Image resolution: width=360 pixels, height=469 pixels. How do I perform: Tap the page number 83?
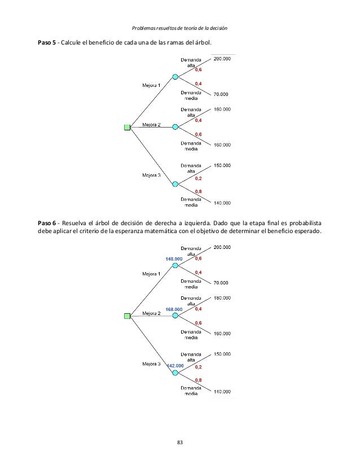point(180,441)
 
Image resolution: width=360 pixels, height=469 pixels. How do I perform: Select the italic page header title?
point(179,28)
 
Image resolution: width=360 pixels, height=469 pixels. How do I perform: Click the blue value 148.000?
point(173,258)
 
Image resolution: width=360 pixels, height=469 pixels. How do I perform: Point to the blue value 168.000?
point(173,309)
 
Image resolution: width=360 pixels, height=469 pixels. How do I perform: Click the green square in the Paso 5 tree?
point(127,128)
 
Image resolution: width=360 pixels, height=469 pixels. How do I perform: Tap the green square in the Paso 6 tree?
point(127,316)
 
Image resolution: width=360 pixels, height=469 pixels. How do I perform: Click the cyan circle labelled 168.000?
point(175,316)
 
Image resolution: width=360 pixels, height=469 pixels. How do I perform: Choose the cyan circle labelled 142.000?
point(175,372)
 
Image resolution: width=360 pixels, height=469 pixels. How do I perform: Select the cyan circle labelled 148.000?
point(175,265)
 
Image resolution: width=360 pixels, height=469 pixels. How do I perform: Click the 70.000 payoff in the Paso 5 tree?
point(221,94)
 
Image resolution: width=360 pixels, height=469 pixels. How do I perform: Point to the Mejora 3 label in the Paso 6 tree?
point(151,364)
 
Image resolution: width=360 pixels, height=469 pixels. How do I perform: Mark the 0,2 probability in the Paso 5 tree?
point(199,178)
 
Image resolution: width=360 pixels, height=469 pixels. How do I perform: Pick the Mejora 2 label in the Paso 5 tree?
point(151,125)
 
